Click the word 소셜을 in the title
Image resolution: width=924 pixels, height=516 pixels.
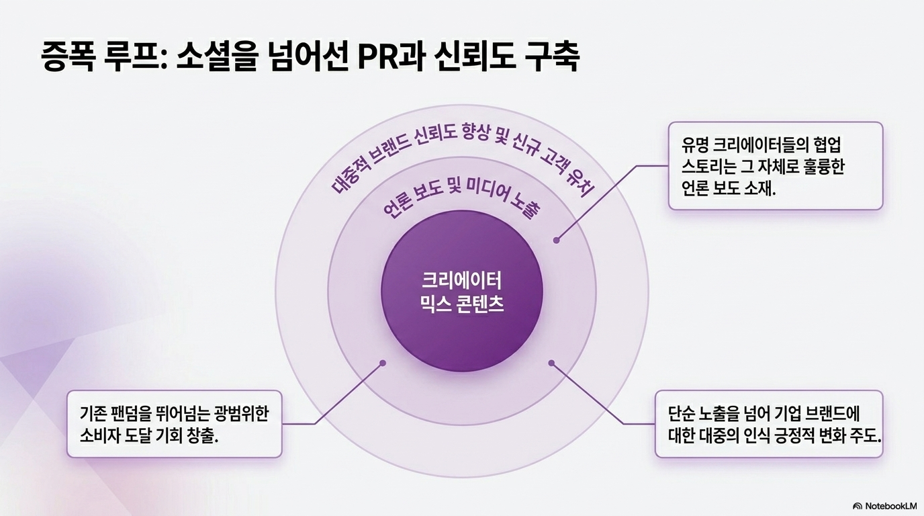click(216, 56)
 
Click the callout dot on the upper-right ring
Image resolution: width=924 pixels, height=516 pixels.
click(557, 240)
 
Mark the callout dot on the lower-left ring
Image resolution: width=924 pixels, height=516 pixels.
click(383, 363)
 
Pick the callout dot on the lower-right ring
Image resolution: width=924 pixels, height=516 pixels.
click(551, 363)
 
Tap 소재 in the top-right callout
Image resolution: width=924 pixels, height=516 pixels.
click(758, 189)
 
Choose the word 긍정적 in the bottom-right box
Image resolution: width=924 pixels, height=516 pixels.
click(793, 435)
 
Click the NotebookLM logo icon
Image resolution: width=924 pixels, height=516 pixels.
click(858, 505)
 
